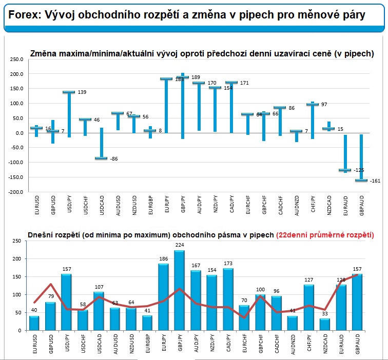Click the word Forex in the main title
click(x=23, y=15)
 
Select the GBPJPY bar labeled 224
click(x=180, y=290)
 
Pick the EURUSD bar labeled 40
click(x=34, y=323)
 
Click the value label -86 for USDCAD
click(x=114, y=159)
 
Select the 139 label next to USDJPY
click(x=82, y=92)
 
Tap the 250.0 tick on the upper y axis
click(x=17, y=59)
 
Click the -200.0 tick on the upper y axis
click(x=16, y=192)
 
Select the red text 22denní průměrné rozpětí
click(x=325, y=235)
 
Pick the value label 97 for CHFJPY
click(x=324, y=105)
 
